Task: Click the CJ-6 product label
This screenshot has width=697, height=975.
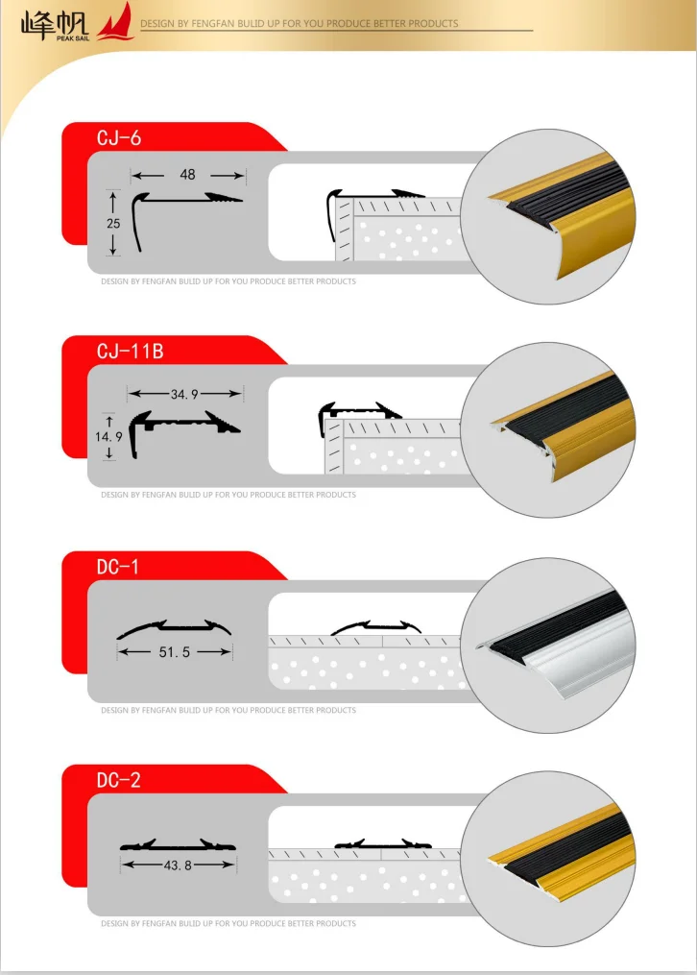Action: (119, 138)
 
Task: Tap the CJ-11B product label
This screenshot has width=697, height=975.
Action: (131, 352)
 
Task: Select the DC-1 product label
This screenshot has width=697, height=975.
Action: (118, 567)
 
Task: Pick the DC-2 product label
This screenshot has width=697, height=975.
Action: (119, 780)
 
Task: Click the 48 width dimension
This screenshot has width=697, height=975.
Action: (187, 175)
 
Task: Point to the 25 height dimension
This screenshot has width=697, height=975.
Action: (113, 223)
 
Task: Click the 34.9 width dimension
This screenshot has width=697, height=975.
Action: (184, 394)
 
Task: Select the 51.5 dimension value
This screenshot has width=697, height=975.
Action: (175, 652)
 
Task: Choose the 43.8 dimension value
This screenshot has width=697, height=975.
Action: (178, 865)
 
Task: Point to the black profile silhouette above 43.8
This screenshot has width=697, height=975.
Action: (178, 845)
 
